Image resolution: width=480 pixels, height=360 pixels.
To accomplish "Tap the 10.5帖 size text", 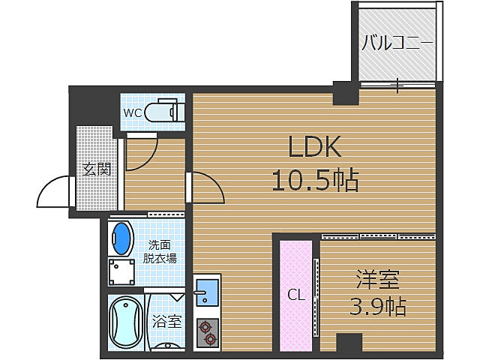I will coord(315,180).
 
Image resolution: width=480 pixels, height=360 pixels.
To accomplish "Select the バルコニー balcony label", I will coord(397,42).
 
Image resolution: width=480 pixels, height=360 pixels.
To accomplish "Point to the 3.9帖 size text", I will coord(378,306).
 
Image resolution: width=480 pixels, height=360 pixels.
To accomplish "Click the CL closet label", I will coord(295,295).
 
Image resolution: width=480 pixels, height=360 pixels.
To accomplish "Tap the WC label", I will coord(133,113).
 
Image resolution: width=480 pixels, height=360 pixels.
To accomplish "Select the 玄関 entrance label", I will coord(97,169).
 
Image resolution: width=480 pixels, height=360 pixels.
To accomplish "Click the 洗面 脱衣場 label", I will coord(160,252).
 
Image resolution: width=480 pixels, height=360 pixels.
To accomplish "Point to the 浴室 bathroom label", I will coord(167,322).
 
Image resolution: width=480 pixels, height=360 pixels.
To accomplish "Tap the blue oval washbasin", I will coord(120,237).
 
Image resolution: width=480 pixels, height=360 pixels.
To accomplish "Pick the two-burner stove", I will coord(207,331).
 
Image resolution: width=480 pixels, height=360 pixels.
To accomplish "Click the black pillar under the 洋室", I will coord(349,346).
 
